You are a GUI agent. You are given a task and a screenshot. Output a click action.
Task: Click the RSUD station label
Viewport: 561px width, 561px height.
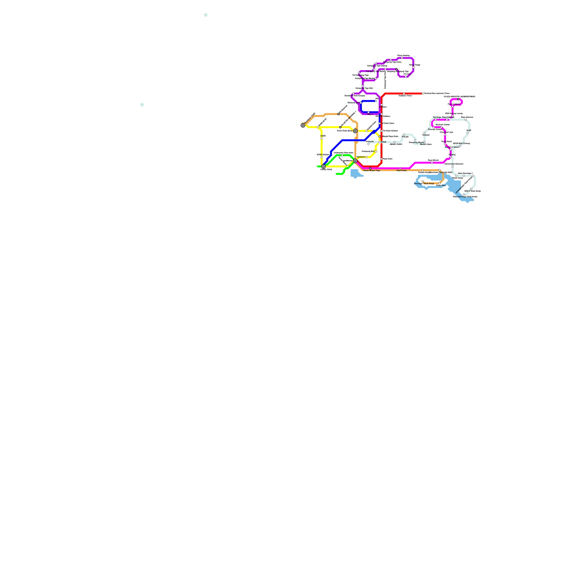pos(384,142)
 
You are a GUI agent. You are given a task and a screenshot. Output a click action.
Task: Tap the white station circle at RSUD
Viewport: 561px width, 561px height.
pos(380,142)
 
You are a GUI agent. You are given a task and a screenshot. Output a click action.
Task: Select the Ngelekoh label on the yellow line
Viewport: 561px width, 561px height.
pos(361,157)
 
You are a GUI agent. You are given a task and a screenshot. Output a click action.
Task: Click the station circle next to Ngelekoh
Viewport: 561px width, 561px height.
pos(366,157)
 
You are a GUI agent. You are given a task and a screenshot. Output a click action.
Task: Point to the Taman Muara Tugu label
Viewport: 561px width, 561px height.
pos(371,171)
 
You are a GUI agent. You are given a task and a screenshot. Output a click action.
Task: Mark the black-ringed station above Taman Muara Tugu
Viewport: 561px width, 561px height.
pos(370,168)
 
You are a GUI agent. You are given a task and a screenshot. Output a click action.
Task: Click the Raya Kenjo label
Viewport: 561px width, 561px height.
pos(401,171)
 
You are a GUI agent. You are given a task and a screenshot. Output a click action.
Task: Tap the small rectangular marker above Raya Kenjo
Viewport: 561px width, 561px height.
pos(400,168)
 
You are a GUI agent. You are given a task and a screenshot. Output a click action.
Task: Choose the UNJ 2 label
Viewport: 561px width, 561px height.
pos(370,114)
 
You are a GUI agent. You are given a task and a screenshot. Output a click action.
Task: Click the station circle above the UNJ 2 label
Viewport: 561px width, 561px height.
pos(368,112)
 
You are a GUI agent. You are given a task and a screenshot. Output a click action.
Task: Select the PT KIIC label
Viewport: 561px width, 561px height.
pos(407,74)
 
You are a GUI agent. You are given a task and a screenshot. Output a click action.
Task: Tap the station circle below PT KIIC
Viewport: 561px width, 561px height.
pos(406,76)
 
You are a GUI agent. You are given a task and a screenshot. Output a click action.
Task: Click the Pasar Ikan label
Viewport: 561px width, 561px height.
pos(441,185)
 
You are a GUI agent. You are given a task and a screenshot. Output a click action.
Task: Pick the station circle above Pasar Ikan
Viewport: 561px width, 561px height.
pos(439,183)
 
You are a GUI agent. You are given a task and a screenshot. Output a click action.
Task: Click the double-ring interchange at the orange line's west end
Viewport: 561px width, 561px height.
pos(303,125)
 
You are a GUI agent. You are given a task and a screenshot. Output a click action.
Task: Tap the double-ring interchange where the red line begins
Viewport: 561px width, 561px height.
pos(355,161)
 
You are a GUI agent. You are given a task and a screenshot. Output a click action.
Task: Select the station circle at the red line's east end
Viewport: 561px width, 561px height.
pos(423,94)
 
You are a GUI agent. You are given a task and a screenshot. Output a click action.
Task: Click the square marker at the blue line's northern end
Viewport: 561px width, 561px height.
pos(376,101)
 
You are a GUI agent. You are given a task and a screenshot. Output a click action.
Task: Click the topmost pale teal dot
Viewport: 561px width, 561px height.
pos(205,15)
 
